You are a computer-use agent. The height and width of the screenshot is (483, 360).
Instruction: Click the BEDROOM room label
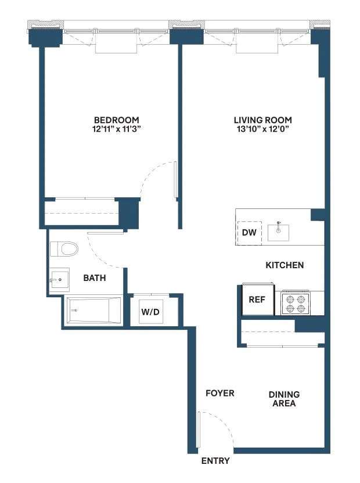117,120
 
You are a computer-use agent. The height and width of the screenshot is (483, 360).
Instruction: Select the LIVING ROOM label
263,120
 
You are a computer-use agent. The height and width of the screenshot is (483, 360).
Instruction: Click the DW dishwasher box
250,233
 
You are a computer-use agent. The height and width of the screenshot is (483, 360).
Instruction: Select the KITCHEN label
285,265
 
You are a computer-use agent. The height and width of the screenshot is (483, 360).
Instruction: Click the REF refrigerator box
257,300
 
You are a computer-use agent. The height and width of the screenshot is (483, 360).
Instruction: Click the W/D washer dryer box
150,312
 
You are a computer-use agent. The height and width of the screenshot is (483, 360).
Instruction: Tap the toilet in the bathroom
64,250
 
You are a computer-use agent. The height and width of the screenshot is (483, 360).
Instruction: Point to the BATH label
95,278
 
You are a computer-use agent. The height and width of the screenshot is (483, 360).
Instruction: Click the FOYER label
220,393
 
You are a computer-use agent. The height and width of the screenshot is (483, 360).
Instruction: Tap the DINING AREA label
284,399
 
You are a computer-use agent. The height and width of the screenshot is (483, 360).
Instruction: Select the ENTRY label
215,461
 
